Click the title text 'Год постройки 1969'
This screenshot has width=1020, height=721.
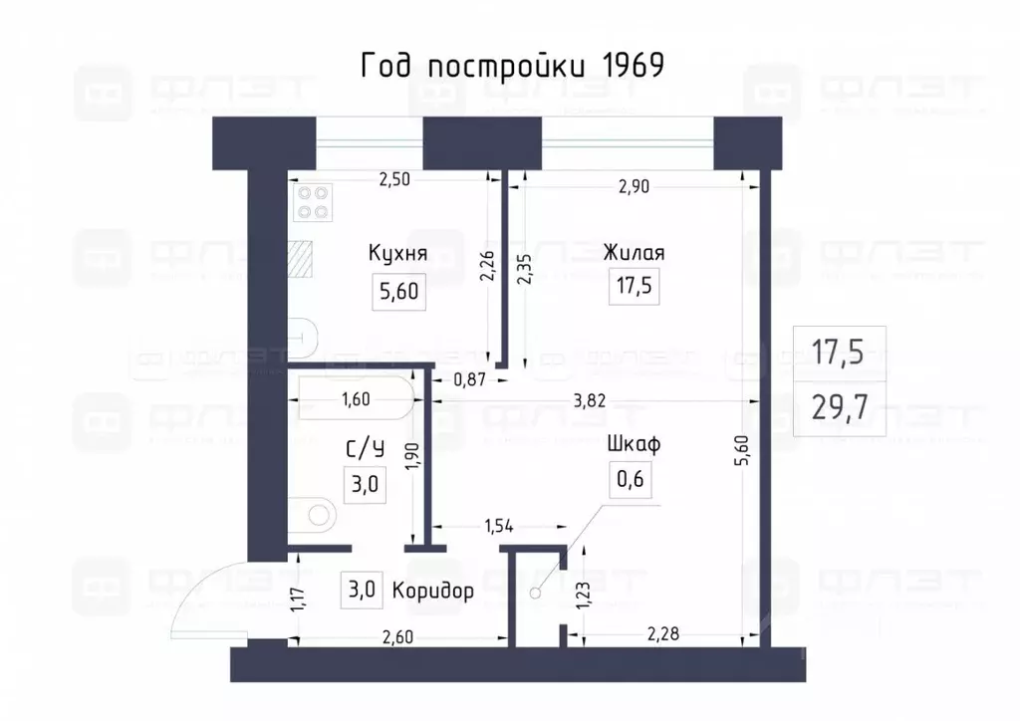pyautogui.click(x=510, y=66)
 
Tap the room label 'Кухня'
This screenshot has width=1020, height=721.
pyautogui.click(x=397, y=253)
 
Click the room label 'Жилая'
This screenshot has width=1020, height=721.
pyautogui.click(x=634, y=253)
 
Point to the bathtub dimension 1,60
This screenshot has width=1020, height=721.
pyautogui.click(x=356, y=400)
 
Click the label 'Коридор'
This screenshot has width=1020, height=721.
pyautogui.click(x=432, y=590)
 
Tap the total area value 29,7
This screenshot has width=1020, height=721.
pyautogui.click(x=837, y=407)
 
